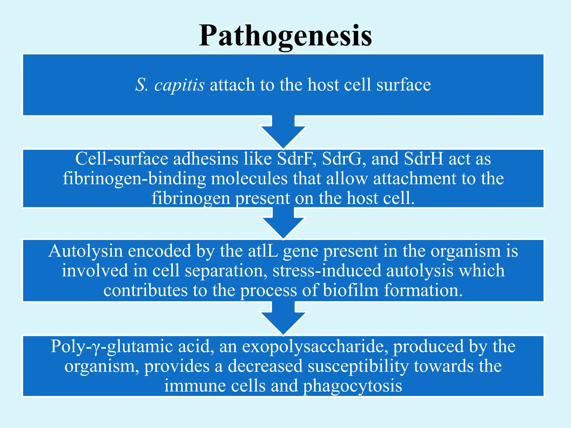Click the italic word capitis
[x=180, y=85]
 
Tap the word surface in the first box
[x=403, y=85]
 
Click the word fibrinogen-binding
[x=134, y=179]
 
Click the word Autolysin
[x=86, y=251]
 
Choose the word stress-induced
[x=326, y=271]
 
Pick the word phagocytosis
[x=352, y=386]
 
